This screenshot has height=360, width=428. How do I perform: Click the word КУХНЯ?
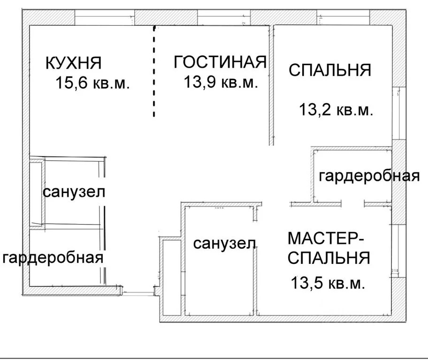pyautogui.click(x=73, y=63)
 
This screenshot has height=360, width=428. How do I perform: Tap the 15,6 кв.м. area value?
pyautogui.click(x=92, y=82)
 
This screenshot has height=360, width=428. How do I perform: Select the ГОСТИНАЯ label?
pyautogui.click(x=220, y=62)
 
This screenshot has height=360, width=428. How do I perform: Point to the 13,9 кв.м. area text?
pyautogui.click(x=221, y=82)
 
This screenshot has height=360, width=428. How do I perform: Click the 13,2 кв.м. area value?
pyautogui.click(x=336, y=110)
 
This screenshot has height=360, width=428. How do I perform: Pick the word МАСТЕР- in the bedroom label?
pyautogui.click(x=326, y=238)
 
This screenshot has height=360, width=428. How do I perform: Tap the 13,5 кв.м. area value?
pyautogui.click(x=328, y=283)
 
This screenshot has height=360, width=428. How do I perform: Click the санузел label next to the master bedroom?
pyautogui.click(x=224, y=243)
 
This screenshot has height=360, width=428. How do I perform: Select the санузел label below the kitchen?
pyautogui.click(x=74, y=192)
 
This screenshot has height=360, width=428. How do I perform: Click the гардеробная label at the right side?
pyautogui.click(x=369, y=176)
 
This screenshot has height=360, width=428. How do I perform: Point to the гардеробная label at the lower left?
pyautogui.click(x=53, y=257)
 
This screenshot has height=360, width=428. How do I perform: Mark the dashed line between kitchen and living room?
pyautogui.click(x=154, y=71)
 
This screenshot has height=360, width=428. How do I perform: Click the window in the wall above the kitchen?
pyautogui.click(x=105, y=17)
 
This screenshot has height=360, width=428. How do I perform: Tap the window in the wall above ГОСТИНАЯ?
pyautogui.click(x=224, y=17)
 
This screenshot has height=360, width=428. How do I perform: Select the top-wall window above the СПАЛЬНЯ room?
pyautogui.click(x=343, y=17)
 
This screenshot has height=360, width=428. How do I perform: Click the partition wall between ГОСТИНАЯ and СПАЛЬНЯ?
pyautogui.click(x=271, y=85)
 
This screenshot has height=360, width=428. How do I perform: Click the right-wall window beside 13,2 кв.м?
pyautogui.click(x=399, y=113)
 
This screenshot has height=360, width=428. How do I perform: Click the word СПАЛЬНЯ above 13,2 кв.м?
pyautogui.click(x=330, y=70)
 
